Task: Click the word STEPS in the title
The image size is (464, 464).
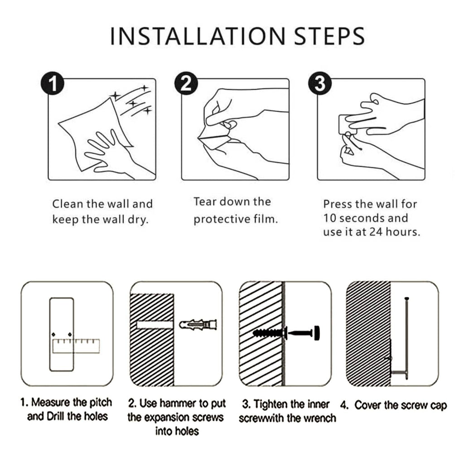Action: [x=329, y=36]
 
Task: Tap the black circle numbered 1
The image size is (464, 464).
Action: [x=53, y=83]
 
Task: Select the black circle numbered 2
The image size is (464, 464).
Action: [x=186, y=83]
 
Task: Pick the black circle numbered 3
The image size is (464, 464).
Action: [x=320, y=83]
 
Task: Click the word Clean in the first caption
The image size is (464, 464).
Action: [x=68, y=204]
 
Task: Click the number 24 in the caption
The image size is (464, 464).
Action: [x=376, y=232]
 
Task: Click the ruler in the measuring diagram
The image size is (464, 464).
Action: [x=76, y=346]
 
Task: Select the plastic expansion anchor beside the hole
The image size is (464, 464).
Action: [x=198, y=325]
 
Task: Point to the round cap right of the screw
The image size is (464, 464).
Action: [x=317, y=333]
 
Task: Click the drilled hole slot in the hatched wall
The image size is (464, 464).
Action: [x=155, y=325]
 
